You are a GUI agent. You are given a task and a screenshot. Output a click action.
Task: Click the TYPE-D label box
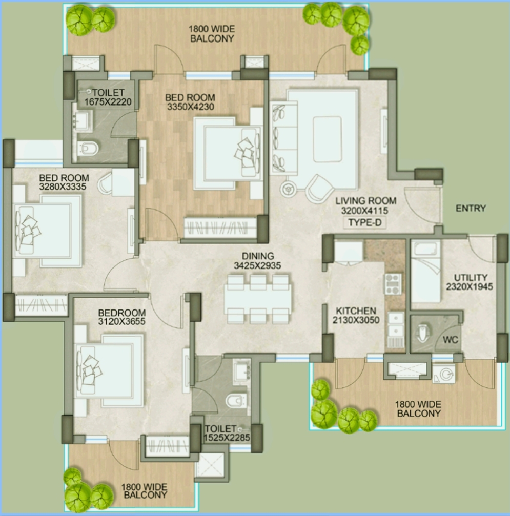(366, 223)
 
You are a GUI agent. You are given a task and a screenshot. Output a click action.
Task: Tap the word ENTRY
(471, 209)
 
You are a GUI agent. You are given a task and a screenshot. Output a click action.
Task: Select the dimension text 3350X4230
(190, 107)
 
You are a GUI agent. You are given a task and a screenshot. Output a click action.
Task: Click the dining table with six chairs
(258, 299)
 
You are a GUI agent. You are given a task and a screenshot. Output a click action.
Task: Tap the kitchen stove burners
(394, 283)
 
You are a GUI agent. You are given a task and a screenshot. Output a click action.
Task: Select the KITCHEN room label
(356, 311)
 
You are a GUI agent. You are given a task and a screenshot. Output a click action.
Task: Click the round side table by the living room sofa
(288, 189)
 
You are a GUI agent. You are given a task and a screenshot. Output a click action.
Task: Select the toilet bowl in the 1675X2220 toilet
(88, 149)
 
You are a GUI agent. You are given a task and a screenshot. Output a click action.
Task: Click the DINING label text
(259, 256)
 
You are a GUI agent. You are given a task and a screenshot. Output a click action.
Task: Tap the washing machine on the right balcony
(442, 373)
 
